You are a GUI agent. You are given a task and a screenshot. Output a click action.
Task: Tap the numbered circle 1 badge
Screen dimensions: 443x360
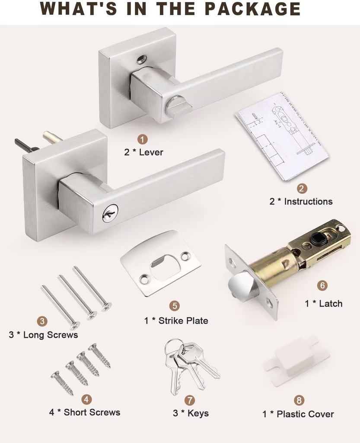coord(143,139)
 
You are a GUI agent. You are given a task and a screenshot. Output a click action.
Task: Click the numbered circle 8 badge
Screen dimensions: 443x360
coord(299,400)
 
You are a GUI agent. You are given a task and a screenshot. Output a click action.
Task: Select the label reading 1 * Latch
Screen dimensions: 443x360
coord(323,304)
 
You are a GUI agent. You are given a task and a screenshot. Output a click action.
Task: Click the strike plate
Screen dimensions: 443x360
coord(160,263)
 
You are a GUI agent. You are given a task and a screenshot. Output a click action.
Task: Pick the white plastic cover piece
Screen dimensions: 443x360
coord(296,360)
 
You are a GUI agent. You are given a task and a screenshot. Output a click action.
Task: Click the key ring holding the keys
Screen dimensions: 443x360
coord(173,346)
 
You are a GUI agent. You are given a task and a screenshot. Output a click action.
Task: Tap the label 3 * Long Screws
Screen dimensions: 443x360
coord(43,335)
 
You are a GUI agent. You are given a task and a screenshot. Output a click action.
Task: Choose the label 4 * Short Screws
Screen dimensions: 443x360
coord(84,412)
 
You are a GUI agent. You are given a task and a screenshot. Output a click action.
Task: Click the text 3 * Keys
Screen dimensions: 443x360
coord(191,413)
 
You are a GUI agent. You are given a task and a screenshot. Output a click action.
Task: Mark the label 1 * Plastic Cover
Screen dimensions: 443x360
coord(298,414)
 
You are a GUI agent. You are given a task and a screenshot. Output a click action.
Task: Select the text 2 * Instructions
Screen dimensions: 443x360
coord(301,202)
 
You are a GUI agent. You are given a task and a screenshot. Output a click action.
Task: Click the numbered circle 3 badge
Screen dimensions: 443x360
coord(42,321)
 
